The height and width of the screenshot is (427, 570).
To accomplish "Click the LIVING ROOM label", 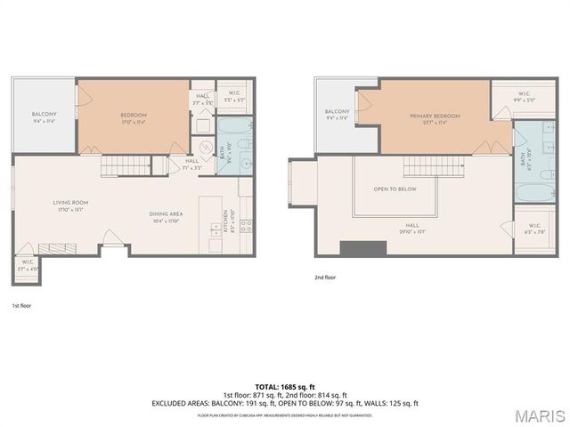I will (70, 203).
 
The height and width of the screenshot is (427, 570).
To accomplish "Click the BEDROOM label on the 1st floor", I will (134, 116).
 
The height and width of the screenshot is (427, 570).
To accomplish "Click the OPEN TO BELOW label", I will (395, 189).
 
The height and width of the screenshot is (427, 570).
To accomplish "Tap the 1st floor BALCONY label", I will (45, 115).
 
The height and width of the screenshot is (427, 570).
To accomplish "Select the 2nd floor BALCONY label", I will (337, 111).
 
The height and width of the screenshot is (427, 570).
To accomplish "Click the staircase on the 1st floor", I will (118, 165).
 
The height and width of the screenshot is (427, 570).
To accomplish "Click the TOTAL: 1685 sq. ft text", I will (284, 386).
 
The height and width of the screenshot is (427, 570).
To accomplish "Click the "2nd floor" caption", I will (326, 277).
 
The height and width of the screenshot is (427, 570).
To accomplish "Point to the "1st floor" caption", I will (21, 304).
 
